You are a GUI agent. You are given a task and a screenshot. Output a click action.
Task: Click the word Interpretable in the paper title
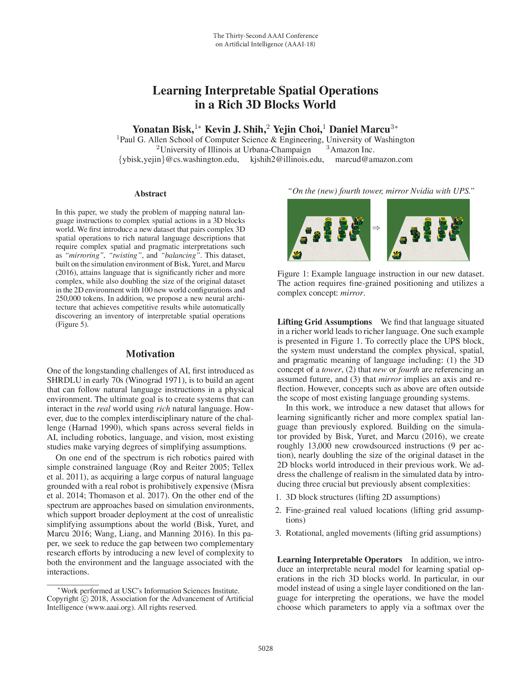click(240, 91)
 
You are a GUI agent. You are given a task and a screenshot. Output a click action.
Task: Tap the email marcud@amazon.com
click(374, 159)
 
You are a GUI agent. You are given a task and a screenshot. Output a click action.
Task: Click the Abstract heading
click(150, 194)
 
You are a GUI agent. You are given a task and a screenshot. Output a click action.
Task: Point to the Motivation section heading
click(150, 354)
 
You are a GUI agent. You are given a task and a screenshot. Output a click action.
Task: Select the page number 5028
click(265, 648)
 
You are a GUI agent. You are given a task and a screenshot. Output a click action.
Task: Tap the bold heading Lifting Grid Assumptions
click(324, 322)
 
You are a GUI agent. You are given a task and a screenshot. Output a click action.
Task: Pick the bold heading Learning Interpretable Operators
click(340, 559)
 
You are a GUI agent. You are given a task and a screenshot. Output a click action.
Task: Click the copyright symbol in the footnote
click(85, 599)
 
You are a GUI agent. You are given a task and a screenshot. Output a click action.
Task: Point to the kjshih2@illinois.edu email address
click(286, 159)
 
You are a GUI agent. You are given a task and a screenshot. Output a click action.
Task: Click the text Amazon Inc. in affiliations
click(352, 149)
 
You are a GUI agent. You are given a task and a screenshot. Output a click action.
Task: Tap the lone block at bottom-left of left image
click(297, 255)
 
